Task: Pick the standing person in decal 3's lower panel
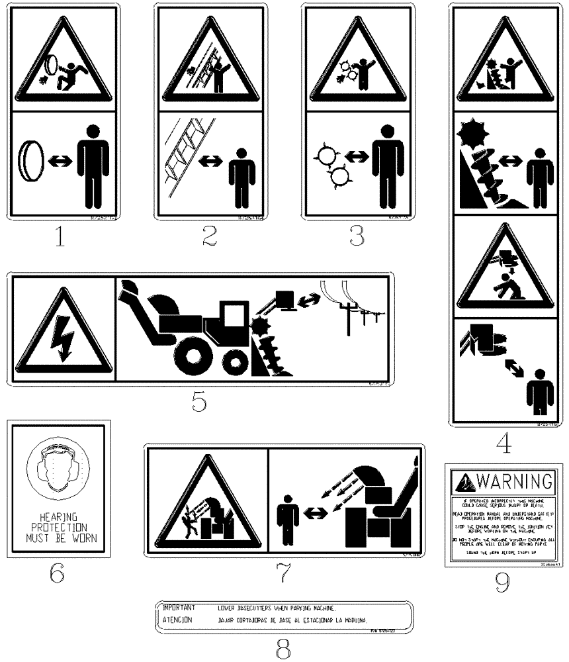click(x=388, y=165)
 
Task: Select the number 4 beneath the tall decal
click(x=504, y=443)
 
